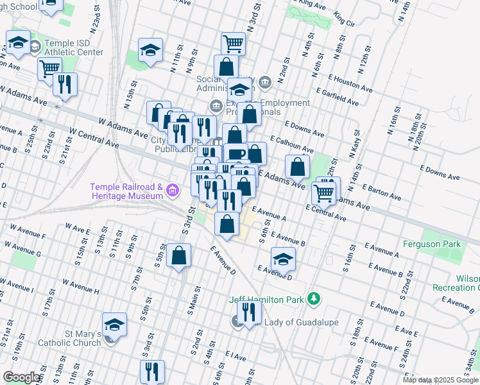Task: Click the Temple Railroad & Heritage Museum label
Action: click(126, 191)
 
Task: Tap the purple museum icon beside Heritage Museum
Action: click(171, 191)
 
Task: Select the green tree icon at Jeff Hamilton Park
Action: click(313, 298)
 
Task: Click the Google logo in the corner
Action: click(21, 377)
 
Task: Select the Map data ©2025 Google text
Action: click(440, 380)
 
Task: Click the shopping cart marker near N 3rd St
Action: click(233, 44)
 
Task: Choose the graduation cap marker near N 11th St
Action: click(150, 50)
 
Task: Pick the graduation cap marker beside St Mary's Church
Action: click(114, 325)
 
